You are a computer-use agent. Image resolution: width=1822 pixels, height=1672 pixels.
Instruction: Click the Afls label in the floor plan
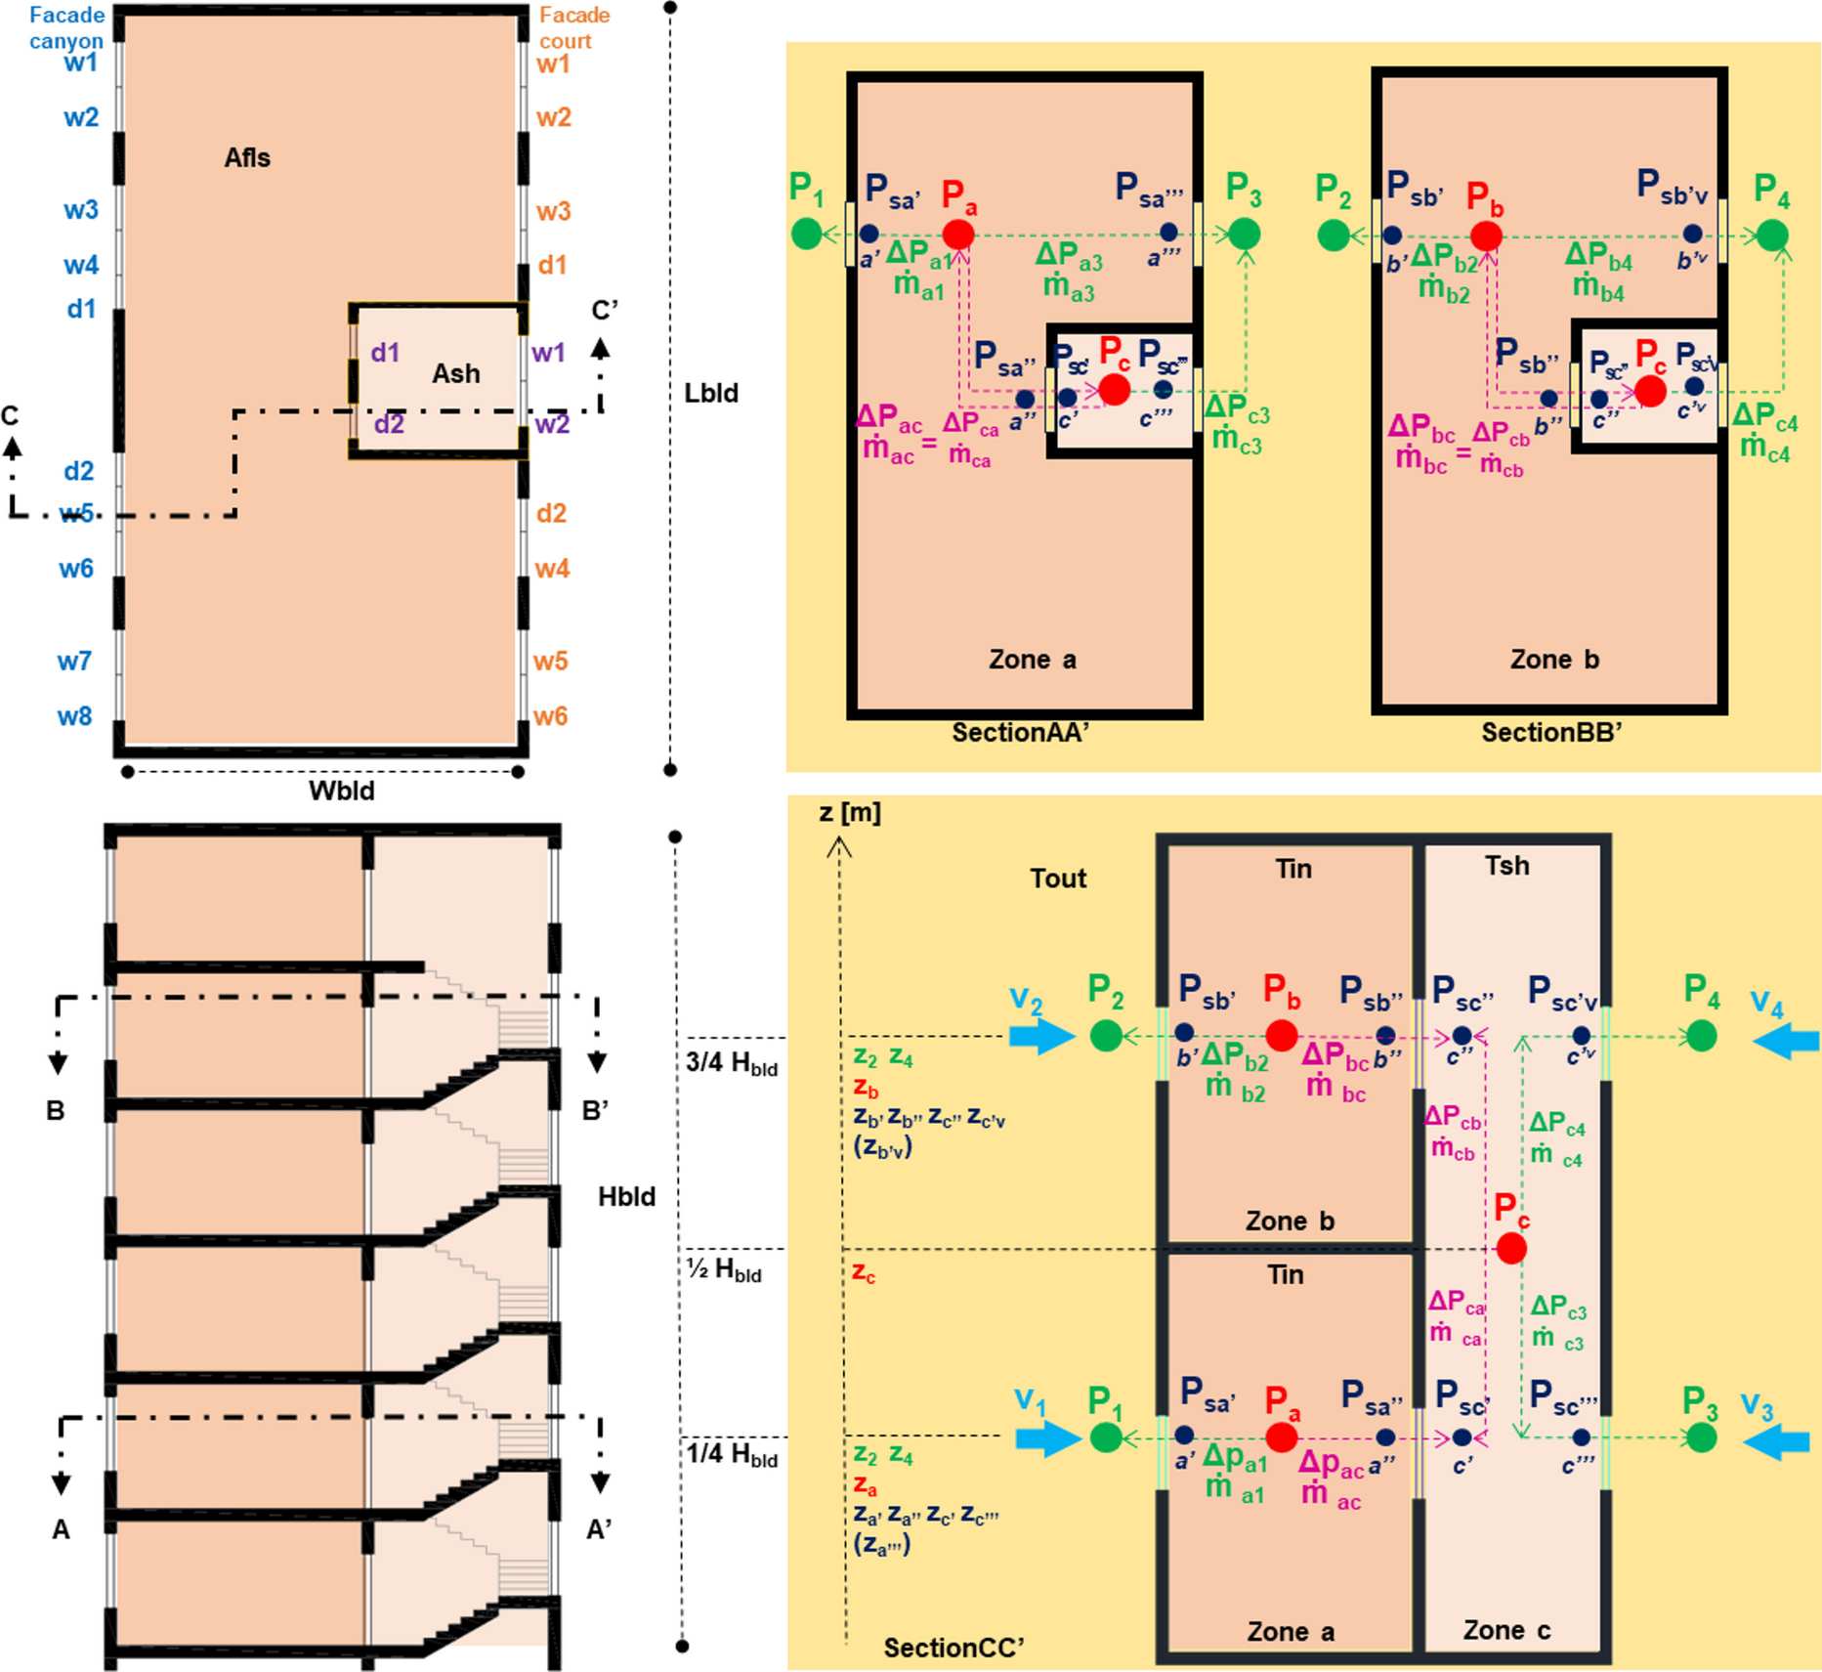247,158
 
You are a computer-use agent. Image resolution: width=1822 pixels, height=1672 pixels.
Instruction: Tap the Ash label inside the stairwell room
456,373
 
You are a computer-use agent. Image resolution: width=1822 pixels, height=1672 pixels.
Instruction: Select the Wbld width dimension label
342,791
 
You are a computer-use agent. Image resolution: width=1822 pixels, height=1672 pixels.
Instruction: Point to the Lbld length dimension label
711,393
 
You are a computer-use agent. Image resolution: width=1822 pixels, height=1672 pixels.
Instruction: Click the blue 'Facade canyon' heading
66,27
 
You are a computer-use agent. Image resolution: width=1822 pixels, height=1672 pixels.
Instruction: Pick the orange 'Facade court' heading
574,27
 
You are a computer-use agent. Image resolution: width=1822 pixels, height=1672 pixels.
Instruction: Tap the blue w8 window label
74,716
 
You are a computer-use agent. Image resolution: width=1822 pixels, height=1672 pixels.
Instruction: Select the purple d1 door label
385,352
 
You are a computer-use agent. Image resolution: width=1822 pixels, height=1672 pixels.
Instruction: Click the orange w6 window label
550,716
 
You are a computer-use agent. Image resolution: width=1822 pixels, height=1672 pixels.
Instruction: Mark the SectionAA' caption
1020,733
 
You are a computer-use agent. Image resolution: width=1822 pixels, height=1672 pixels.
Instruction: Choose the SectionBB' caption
1551,733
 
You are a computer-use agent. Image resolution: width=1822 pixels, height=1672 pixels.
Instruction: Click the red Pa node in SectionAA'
957,235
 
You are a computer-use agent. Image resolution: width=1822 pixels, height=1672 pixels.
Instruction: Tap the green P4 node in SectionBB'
1772,235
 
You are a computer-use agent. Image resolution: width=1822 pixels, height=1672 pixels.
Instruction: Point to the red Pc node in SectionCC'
1511,1248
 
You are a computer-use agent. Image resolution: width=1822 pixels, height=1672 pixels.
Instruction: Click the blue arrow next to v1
1047,1438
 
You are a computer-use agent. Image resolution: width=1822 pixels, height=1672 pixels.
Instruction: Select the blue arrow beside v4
1786,1040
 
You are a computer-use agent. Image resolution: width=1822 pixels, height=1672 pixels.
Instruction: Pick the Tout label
1058,879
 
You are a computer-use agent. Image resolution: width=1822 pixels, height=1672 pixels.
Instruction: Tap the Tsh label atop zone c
1507,866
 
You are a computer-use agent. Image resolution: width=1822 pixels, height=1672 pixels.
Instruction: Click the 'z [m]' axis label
850,813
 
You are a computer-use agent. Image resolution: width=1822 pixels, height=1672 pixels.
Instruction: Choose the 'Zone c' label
1506,1630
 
